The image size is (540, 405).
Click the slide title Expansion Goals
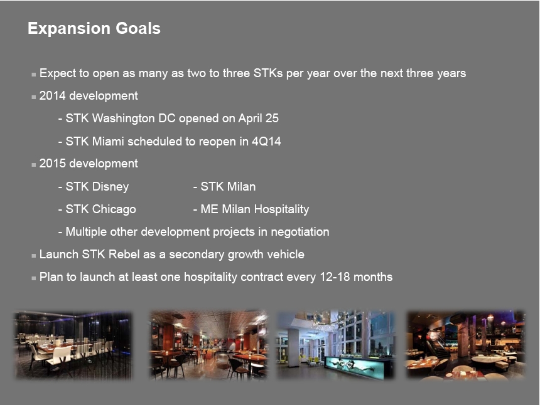(94, 28)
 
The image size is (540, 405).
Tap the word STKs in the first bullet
(268, 73)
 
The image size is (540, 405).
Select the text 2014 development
(89, 95)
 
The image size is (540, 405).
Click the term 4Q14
(266, 141)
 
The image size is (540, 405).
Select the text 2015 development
(89, 163)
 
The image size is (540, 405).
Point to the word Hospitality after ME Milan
(282, 209)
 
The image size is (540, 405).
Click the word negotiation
(300, 232)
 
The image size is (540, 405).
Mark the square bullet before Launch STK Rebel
(33, 256)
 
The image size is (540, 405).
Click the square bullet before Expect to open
(33, 74)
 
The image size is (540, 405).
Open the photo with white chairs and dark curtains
(73, 345)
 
